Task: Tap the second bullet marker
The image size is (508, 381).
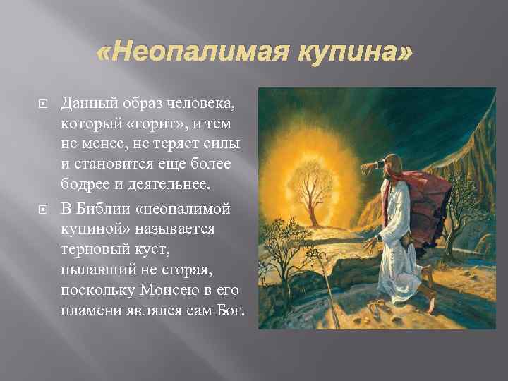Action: (x=42, y=208)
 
